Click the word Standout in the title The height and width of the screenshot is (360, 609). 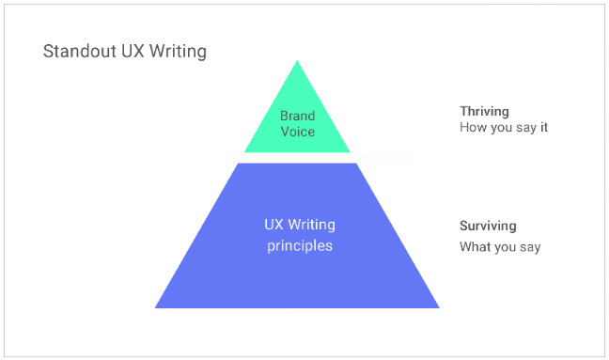coord(80,52)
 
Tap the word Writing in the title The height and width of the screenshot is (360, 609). coord(178,52)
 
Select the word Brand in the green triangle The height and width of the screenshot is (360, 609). coord(298,116)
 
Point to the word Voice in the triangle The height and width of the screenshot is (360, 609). coord(298,132)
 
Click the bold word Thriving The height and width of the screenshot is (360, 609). coord(484,112)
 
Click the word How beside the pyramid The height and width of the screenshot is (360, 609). coord(470,128)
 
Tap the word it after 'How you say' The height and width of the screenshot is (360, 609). coord(544,128)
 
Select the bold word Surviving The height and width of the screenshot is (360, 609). coord(488,226)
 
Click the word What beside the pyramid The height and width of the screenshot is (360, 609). coord(473,246)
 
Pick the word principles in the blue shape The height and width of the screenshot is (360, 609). coord(300,246)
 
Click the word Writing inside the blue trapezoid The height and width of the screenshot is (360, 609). coord(311,225)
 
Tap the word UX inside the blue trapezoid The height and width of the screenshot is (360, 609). coord(273,225)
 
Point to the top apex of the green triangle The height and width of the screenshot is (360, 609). coord(297,60)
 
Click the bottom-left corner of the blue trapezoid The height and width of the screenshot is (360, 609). coord(155,308)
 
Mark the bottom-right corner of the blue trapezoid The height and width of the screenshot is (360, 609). coord(439,308)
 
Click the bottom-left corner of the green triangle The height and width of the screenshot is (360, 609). coord(244,152)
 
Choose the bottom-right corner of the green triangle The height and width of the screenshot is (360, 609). coord(350,152)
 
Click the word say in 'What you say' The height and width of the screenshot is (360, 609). coord(529,247)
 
